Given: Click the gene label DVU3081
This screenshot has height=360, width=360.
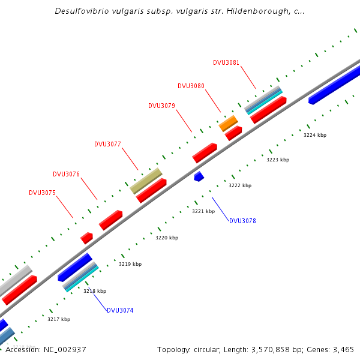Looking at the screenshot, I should point(226,62).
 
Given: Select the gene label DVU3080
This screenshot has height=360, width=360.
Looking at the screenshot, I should point(191,86).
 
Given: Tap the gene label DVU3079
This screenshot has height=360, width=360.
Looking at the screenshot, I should point(161,106).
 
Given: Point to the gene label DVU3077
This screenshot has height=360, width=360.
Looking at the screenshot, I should point(107,144).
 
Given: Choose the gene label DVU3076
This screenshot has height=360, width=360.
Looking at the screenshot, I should point(66,174).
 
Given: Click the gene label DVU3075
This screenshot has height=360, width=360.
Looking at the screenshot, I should point(42,193).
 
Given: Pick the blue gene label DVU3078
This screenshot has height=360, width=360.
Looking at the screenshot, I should point(242,221).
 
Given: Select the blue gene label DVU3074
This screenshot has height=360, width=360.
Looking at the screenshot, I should point(120,310).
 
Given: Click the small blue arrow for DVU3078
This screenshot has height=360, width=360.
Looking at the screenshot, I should point(199,176).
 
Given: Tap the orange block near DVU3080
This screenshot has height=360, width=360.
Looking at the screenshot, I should point(229,124).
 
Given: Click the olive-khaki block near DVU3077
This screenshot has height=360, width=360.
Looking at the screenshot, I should point(146,181).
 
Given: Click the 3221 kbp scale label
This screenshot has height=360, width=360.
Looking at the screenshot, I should point(203,211).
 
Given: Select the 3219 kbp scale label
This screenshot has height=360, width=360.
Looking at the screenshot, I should point(130,264).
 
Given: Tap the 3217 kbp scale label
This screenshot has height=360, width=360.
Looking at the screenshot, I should point(59,319).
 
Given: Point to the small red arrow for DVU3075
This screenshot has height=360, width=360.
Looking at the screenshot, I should point(86,238).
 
